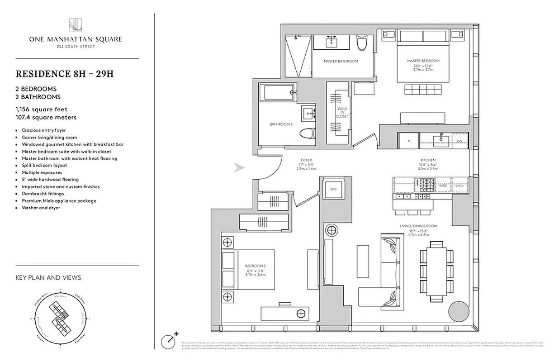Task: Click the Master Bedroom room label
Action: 423,61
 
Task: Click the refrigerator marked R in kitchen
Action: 408,141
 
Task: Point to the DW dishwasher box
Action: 460,141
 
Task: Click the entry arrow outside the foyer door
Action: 239,168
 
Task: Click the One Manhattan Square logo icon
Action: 75,25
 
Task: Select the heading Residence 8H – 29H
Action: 64,74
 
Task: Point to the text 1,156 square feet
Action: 42,109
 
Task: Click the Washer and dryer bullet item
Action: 41,208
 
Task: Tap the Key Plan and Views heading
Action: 48,277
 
